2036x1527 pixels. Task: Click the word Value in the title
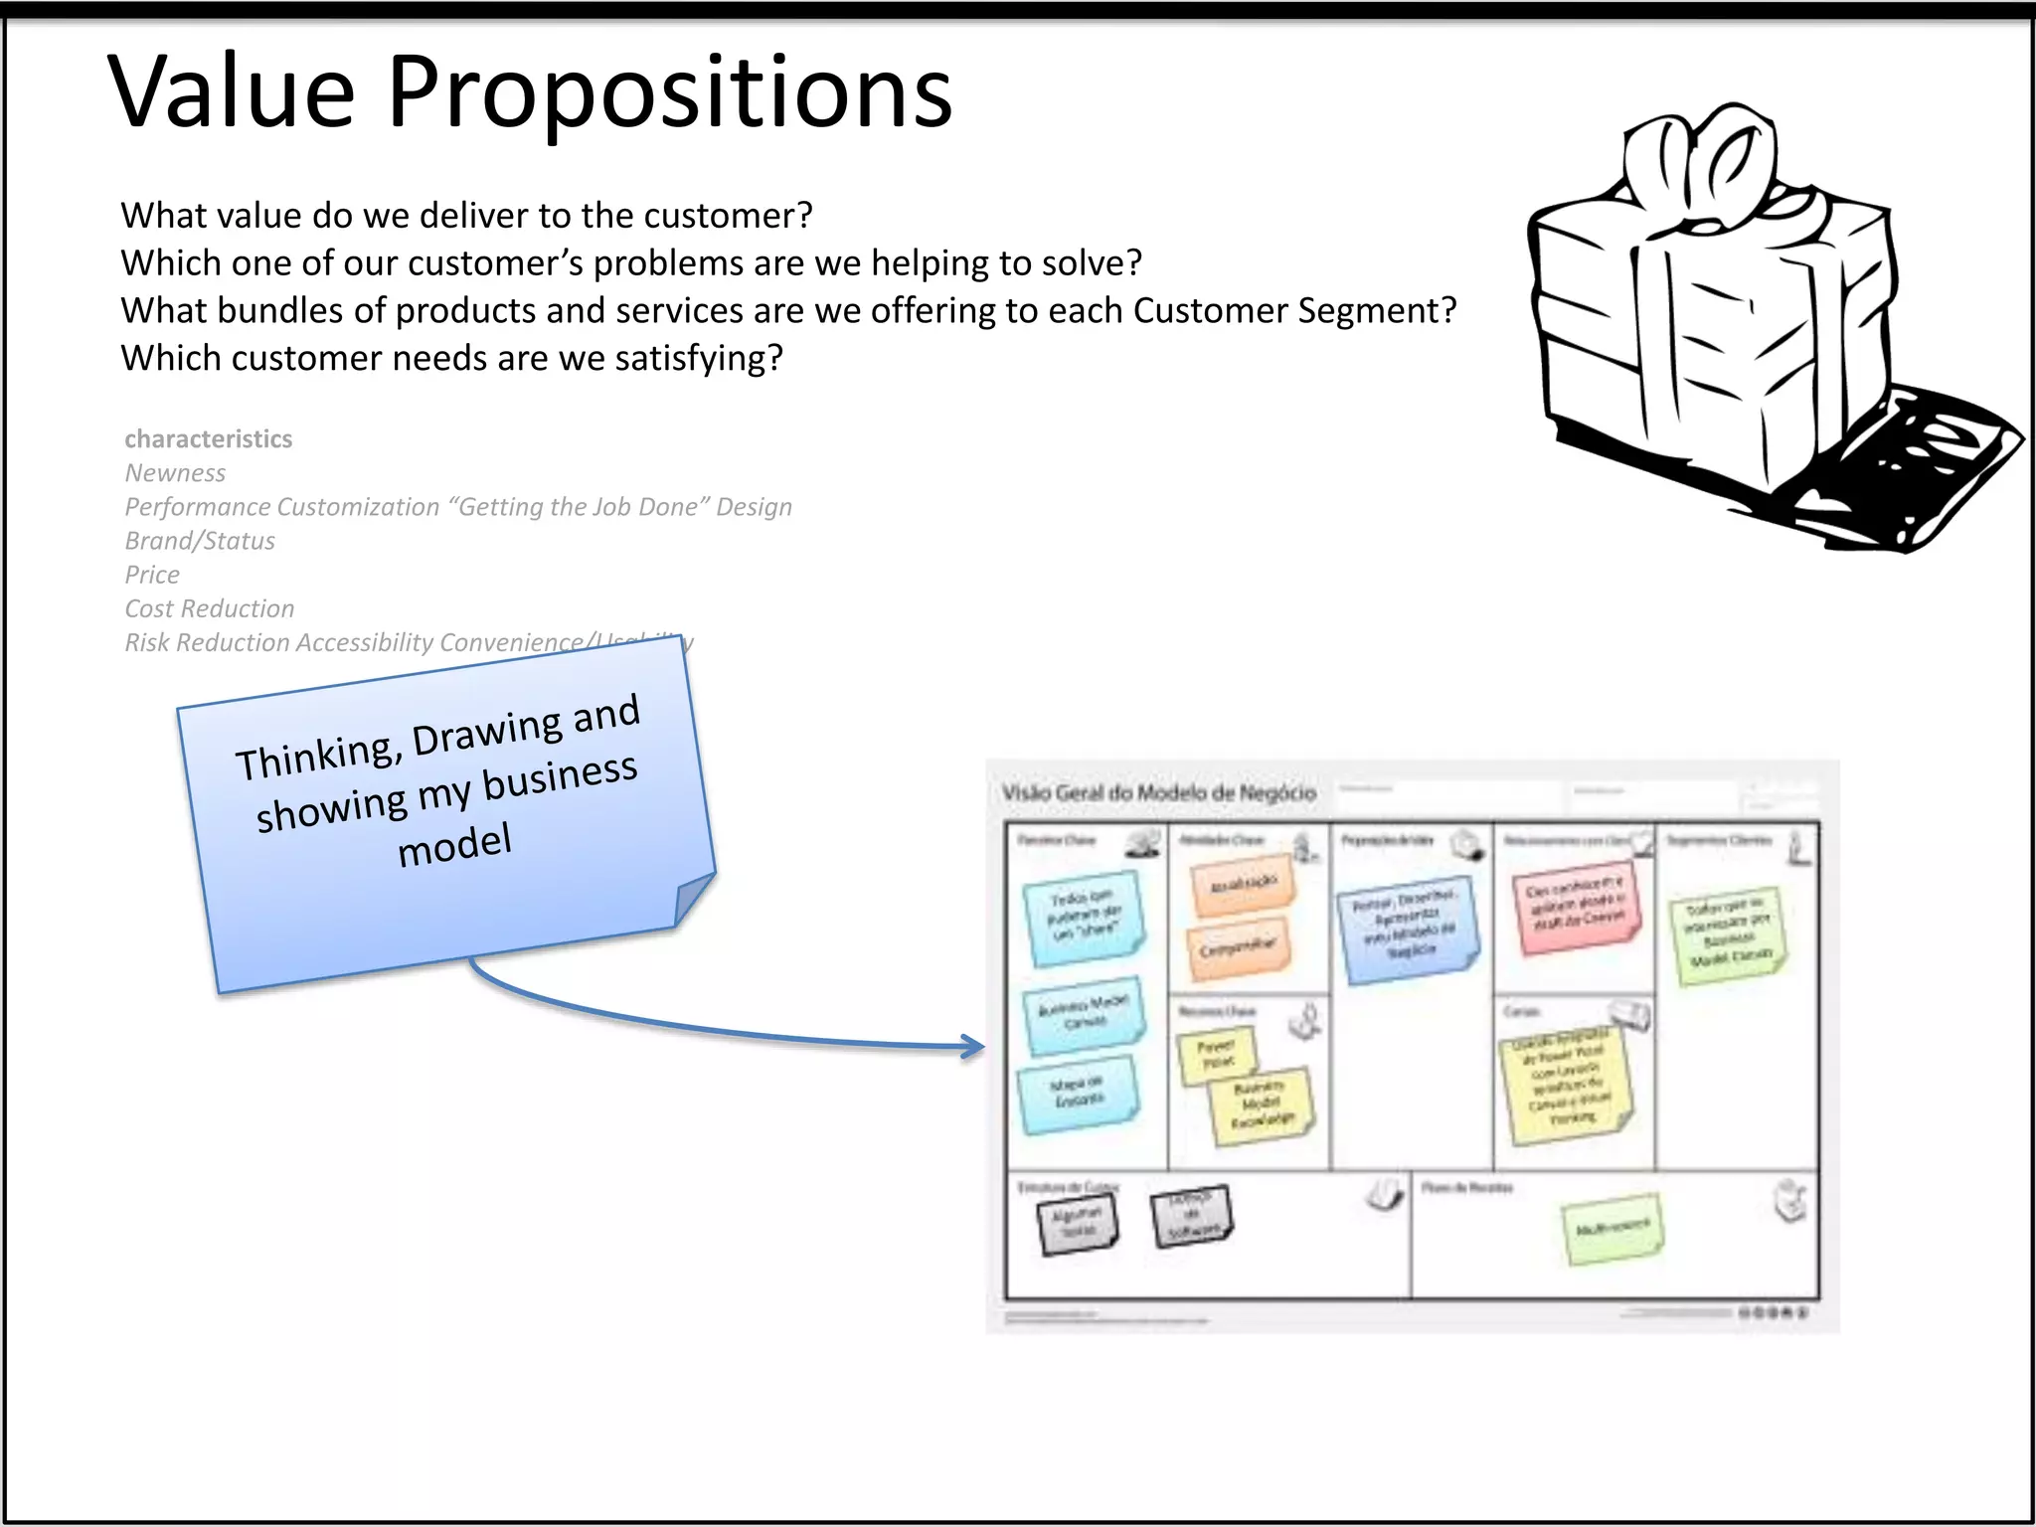point(231,91)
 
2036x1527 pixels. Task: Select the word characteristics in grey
point(208,438)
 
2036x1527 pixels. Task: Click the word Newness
point(175,473)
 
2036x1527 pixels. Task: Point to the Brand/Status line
point(200,541)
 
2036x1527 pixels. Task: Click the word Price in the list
point(152,575)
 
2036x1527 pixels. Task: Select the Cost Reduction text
point(210,608)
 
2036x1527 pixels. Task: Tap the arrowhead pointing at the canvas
point(973,1045)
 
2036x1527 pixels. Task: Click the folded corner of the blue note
point(692,899)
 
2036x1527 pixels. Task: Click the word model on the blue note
point(454,845)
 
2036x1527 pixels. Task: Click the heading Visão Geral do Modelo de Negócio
point(1158,792)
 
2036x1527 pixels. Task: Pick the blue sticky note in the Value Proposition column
point(1409,931)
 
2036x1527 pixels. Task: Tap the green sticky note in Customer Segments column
point(1728,934)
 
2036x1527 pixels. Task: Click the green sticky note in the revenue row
point(1612,1229)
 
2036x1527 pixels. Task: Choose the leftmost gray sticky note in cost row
point(1078,1222)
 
